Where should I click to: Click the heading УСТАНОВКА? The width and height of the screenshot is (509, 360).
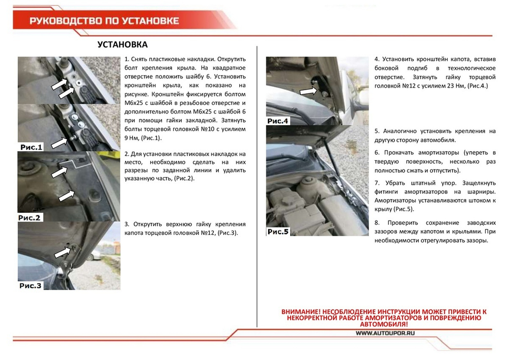pos(122,45)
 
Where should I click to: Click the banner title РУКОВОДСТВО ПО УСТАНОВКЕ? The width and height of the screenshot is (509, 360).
pos(104,21)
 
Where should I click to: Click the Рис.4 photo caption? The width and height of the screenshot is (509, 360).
pos(278,121)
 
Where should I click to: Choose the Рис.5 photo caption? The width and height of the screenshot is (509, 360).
pos(278,232)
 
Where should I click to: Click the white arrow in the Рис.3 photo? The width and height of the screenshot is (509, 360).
pos(62,252)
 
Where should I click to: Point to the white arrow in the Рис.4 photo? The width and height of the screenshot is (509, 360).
pos(308,91)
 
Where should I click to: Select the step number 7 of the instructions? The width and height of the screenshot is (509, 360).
pos(377,182)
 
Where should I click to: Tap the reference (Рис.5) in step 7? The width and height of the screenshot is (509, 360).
pos(403,209)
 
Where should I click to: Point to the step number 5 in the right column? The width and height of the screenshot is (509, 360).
pos(377,131)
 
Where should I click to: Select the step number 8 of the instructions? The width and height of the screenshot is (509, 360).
pos(377,223)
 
